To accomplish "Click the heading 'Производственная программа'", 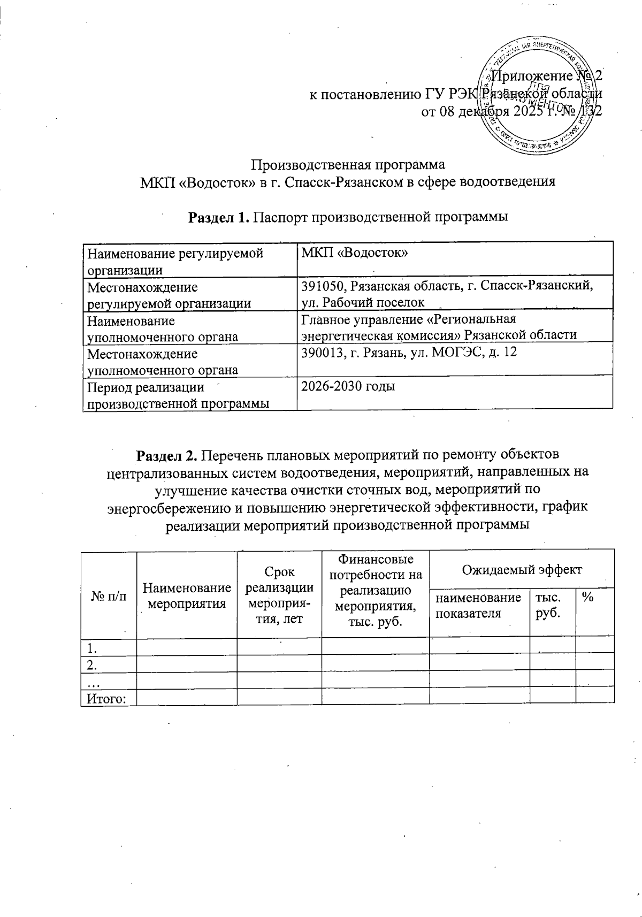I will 348,164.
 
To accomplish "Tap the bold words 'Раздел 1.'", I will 218,217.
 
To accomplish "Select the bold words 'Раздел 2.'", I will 168,455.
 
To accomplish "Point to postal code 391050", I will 321,287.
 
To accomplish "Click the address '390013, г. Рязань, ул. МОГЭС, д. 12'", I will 409,353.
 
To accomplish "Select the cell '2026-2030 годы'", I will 348,386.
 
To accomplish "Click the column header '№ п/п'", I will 109,596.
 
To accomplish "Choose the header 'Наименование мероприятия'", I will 187,596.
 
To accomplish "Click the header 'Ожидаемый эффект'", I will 522,569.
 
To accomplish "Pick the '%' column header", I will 587,598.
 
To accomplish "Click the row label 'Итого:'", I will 106,698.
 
